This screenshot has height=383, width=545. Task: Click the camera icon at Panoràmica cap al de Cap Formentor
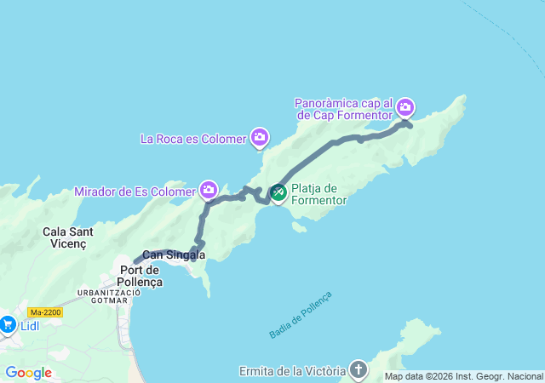pyautogui.click(x=405, y=107)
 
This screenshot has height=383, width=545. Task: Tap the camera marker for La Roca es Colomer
pyautogui.click(x=260, y=137)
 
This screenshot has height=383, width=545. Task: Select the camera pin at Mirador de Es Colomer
pyautogui.click(x=209, y=189)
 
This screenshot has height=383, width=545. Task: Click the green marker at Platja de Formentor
pyautogui.click(x=278, y=194)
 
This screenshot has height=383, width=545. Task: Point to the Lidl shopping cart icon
pyautogui.click(x=8, y=324)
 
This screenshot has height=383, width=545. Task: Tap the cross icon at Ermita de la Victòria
pyautogui.click(x=359, y=370)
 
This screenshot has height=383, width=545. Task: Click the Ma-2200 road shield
pyautogui.click(x=44, y=312)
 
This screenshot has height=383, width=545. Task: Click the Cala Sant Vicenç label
pyautogui.click(x=69, y=238)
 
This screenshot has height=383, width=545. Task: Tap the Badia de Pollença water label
pyautogui.click(x=300, y=314)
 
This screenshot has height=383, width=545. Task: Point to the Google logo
pyautogui.click(x=28, y=373)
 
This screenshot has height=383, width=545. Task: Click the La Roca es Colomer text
pyautogui.click(x=192, y=138)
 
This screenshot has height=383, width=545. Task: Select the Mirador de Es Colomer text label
pyautogui.click(x=135, y=191)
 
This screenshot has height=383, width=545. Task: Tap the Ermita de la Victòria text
pyautogui.click(x=295, y=371)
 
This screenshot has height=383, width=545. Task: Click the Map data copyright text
pyautogui.click(x=462, y=376)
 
